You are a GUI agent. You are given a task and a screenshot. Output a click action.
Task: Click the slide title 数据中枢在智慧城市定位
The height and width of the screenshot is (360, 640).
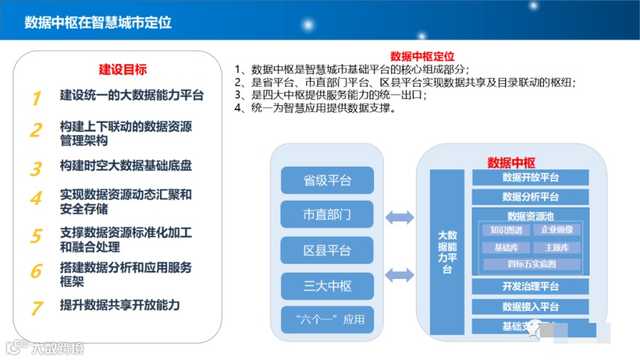click(98, 22)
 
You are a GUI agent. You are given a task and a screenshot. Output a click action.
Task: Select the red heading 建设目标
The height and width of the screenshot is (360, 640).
click(123, 70)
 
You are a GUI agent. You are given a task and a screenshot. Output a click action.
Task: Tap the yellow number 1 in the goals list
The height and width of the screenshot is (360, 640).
click(36, 98)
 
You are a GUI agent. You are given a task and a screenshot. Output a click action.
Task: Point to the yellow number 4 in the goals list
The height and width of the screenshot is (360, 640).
click(36, 198)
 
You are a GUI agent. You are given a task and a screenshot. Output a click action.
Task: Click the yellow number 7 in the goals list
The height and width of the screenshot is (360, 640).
click(36, 307)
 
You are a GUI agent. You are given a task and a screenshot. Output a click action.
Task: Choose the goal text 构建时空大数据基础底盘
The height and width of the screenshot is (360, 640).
click(126, 166)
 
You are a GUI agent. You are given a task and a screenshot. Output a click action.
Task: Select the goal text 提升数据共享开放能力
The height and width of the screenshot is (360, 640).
click(120, 305)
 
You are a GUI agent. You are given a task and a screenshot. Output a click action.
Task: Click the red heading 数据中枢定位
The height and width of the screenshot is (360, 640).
click(422, 56)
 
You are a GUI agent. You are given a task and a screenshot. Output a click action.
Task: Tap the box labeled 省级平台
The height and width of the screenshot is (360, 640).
click(327, 181)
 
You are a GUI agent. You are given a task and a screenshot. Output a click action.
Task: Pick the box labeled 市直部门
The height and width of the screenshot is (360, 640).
click(327, 214)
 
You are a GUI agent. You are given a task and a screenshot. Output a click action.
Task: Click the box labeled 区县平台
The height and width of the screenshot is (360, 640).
click(327, 250)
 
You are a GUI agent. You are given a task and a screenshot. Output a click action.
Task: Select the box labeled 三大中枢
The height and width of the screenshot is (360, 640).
click(327, 286)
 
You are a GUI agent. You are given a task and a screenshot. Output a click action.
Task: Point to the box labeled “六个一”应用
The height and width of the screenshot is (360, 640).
click(327, 319)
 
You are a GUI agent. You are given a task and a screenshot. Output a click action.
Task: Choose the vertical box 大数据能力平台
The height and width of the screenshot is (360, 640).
click(447, 252)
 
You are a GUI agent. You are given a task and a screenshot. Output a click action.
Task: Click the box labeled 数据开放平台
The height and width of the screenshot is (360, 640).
click(530, 178)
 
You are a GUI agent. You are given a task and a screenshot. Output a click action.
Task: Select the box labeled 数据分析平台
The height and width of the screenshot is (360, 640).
click(530, 196)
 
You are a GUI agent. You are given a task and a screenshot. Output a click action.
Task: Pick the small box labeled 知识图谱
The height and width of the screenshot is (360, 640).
click(506, 230)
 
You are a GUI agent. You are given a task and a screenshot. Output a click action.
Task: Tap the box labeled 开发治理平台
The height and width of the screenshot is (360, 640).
click(530, 287)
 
